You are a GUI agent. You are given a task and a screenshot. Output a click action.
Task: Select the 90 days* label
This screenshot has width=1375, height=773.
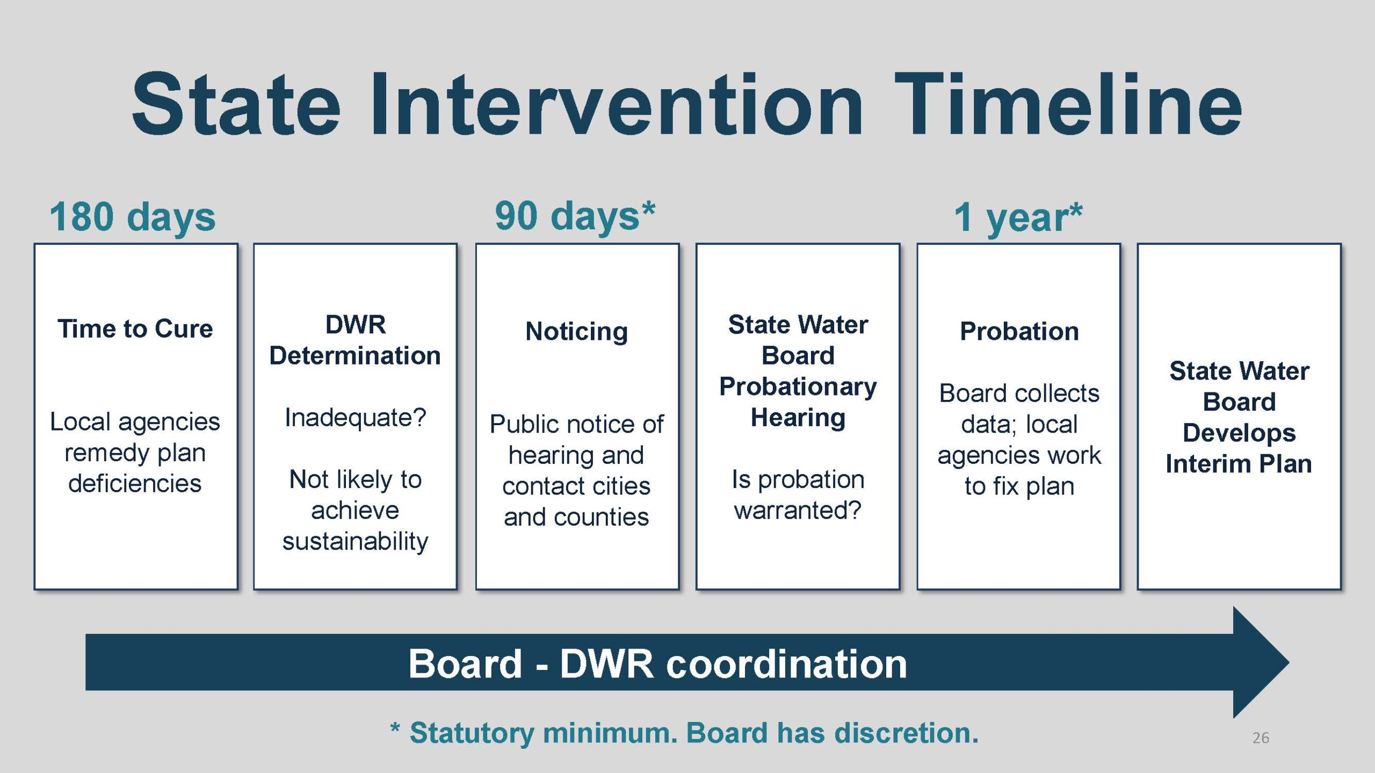pos(575,216)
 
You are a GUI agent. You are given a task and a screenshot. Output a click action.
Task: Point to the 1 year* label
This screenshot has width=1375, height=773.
pos(1018,217)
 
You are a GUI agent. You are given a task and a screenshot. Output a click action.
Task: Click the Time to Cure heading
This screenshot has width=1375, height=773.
pos(135,329)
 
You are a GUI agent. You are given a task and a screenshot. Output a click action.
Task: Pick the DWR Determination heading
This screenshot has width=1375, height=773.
pos(355,340)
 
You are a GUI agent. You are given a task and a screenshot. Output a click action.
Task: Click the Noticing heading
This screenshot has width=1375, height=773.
pos(577,331)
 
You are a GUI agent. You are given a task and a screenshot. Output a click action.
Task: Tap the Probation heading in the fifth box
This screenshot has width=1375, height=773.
pos(1019,331)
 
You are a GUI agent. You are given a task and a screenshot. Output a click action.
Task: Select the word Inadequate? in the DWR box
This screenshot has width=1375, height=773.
pos(355,418)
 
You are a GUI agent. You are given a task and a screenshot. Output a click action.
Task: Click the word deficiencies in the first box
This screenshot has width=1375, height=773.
pos(135,483)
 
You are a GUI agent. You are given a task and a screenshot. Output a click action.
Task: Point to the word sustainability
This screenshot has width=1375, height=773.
pos(355,541)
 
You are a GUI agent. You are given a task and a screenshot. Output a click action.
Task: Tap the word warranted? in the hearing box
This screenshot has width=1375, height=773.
pos(798,510)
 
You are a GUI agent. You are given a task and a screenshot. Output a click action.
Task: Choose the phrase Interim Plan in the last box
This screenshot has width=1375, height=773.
pos(1239,464)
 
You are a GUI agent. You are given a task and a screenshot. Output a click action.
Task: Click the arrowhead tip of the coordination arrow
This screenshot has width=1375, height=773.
pos(1289,662)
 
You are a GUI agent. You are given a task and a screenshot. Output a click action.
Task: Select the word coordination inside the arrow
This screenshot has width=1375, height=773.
pos(787,664)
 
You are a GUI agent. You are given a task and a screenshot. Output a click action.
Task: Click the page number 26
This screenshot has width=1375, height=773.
pos(1261,738)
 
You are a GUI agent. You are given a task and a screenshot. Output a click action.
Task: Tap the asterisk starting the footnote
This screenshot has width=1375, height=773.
pos(395,728)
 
